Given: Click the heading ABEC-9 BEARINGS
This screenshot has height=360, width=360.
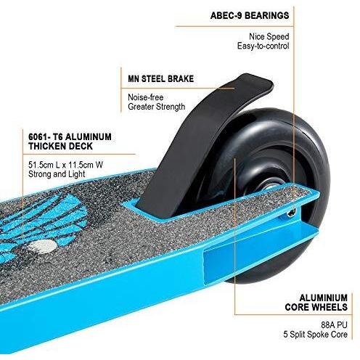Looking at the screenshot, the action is click(x=250, y=15).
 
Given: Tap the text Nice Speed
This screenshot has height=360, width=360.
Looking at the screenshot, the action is click(x=269, y=36).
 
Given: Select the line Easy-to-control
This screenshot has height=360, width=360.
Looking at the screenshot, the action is click(x=263, y=46).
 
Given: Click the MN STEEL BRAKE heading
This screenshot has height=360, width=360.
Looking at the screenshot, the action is click(x=160, y=79).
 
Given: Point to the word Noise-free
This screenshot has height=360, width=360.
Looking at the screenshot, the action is click(x=146, y=97).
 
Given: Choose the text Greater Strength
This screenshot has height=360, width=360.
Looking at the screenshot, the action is click(x=156, y=107).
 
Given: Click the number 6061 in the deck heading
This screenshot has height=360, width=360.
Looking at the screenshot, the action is click(x=36, y=136).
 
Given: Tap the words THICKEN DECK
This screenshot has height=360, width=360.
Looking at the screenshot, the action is click(x=60, y=146).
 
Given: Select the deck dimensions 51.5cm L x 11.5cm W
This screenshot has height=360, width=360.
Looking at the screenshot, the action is click(x=65, y=165).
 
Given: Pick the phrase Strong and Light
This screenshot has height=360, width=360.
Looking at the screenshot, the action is click(x=57, y=174).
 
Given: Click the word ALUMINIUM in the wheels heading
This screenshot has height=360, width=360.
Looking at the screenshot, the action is click(x=324, y=298).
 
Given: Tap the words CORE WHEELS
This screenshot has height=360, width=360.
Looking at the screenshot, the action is click(x=316, y=307).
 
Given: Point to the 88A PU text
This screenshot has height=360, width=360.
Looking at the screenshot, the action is click(x=334, y=324).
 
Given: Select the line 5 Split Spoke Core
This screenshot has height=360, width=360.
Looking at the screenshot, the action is click(x=316, y=335).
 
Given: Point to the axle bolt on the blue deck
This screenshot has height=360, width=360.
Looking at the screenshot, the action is click(x=292, y=212).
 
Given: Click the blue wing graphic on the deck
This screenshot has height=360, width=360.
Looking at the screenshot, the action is click(x=41, y=225).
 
